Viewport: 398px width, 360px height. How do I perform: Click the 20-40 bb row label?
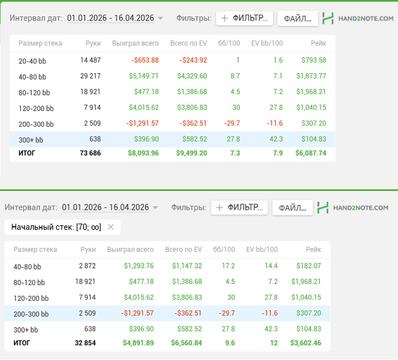coord(32,61)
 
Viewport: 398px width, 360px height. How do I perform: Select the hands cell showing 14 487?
coord(90,60)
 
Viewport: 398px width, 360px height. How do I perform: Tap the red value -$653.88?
coord(145,60)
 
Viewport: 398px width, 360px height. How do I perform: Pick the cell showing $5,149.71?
coord(144,76)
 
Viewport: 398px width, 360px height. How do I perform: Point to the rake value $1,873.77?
coord(311,76)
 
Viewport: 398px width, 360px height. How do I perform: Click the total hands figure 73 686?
coord(90,153)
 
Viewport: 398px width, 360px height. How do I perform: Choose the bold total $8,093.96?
coord(143,153)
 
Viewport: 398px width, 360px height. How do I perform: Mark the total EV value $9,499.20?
coord(192,153)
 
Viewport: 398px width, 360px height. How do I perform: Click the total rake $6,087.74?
coord(310,153)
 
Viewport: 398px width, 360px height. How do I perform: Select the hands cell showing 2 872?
coord(88,266)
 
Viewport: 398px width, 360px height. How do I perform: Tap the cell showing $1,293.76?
coord(139,266)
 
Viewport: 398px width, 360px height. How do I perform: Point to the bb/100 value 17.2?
coord(229,266)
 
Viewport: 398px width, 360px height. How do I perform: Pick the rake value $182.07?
coord(309,266)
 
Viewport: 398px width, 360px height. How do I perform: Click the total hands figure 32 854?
coord(85,343)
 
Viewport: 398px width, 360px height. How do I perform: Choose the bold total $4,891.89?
coord(138,343)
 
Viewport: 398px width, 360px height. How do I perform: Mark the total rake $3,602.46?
coord(306,343)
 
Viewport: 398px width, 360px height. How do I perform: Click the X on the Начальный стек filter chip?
coord(111,227)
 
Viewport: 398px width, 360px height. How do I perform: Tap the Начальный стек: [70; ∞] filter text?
coord(56,227)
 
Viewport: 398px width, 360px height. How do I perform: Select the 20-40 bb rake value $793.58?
coord(314,60)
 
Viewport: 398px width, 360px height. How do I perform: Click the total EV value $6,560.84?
coord(186,343)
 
